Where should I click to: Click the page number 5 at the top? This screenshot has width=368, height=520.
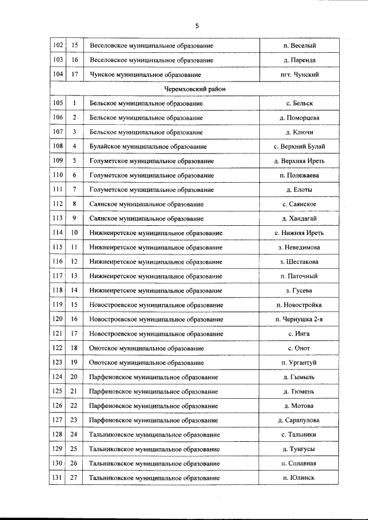[196, 26]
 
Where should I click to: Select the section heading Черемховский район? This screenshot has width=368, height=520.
[194, 89]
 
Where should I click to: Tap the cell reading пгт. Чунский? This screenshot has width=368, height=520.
[299, 75]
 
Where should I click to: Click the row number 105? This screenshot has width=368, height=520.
[57, 103]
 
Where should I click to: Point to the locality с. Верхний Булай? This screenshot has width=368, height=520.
[299, 147]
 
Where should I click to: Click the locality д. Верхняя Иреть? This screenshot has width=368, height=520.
[299, 161]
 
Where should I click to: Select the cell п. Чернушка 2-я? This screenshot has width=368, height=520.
[299, 319]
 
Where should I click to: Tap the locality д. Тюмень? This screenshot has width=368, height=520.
[299, 391]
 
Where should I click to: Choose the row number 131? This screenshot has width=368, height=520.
[57, 477]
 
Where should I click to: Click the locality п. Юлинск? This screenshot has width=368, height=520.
[299, 477]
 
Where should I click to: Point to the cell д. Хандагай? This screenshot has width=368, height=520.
[299, 218]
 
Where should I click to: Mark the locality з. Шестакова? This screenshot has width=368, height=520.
[299, 261]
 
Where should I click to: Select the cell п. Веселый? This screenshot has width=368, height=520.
[299, 45]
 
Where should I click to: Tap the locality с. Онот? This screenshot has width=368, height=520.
[299, 348]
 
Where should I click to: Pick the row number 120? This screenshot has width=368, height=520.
[57, 319]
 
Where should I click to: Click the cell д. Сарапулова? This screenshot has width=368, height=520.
[299, 420]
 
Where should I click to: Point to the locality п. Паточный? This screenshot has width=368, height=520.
[299, 276]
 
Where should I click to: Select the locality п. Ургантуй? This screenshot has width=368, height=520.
[299, 363]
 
